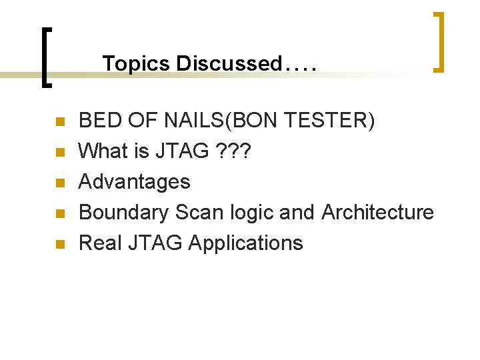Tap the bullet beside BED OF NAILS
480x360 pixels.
pyautogui.click(x=59, y=122)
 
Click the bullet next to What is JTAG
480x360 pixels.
pyautogui.click(x=59, y=153)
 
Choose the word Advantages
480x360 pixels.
pyautogui.click(x=135, y=182)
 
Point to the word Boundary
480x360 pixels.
pyautogui.click(x=125, y=213)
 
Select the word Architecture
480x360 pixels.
pyautogui.click(x=377, y=213)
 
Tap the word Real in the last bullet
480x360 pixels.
pyautogui.click(x=101, y=243)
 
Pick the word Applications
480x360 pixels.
pyautogui.click(x=245, y=243)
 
